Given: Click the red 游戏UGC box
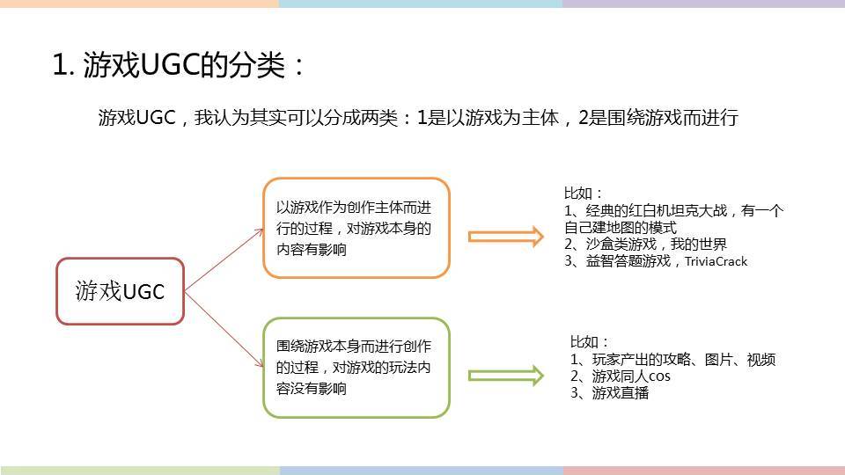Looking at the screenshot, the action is coord(121,291).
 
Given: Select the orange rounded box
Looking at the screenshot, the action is coord(356,228).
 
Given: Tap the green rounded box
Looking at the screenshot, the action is coord(356,368).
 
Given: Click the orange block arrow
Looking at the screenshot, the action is coord(506,237).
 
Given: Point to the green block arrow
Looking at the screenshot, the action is coord(506,376).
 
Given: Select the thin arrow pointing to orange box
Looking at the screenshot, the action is coord(224,260).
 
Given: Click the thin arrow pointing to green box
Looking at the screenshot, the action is coord(224,330).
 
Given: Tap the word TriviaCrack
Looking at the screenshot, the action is coord(716,262).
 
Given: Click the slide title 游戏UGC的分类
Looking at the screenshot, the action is coord(184,65).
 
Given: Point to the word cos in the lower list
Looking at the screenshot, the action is coord(659,376).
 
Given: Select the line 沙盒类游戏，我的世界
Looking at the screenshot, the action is coord(657,245).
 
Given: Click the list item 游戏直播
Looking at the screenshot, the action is coord(621,393).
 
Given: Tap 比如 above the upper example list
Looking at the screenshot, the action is coord(577,194).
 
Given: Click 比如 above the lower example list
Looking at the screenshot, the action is coord(584,342).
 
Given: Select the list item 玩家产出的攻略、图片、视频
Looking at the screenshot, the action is coord(684,359).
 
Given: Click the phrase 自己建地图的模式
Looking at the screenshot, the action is coord(621,227).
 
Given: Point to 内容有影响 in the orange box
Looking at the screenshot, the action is coord(312,249).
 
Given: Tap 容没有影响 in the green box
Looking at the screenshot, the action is coord(312,388).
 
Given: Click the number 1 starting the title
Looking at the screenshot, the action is coord(59,66).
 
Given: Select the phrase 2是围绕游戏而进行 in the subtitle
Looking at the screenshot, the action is coord(658,117).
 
